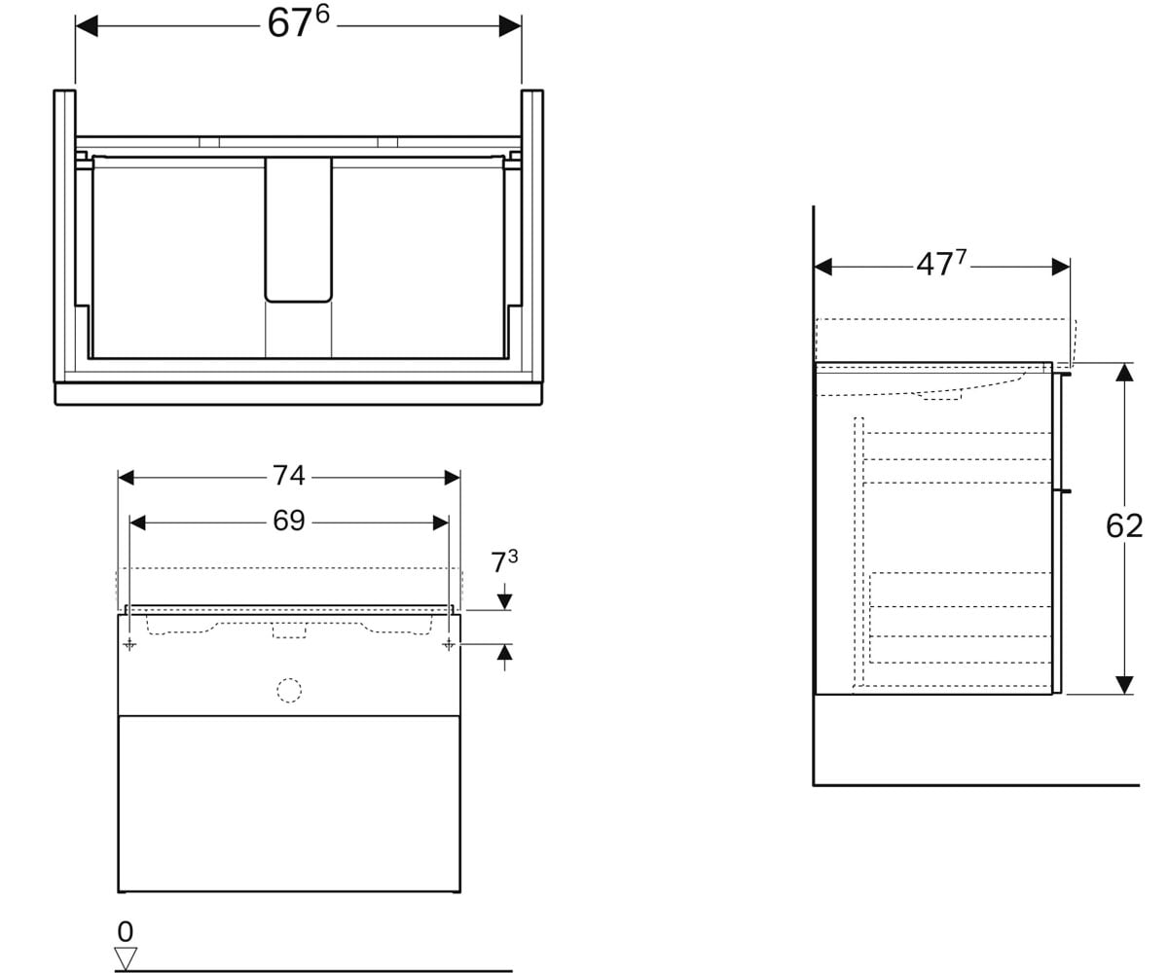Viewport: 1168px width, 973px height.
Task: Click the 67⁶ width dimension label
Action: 298,22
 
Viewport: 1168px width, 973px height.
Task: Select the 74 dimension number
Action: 289,476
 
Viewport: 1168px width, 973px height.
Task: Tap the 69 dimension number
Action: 289,521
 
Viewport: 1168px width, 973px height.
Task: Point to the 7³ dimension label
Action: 504,561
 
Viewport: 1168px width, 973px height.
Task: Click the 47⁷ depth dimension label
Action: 941,264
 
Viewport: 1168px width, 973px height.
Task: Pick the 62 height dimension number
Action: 1124,526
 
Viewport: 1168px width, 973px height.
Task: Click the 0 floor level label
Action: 126,932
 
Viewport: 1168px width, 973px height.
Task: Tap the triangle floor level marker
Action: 126,958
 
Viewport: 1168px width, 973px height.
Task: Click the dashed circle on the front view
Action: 289,690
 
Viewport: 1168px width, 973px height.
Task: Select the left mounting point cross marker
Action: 129,645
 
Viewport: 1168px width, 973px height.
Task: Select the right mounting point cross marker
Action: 449,645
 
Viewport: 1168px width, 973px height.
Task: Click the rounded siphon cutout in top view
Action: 298,230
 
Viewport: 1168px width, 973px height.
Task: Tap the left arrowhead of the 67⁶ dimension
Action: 87,25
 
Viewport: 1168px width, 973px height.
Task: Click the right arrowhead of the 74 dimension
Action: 453,478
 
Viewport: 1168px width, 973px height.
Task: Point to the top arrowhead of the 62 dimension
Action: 1124,373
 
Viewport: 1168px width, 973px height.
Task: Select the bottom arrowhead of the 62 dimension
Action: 1124,685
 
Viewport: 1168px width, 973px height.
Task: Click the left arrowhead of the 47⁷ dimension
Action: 822,268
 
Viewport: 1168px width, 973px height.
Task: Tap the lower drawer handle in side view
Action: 1062,491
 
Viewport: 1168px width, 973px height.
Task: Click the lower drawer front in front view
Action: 289,804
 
